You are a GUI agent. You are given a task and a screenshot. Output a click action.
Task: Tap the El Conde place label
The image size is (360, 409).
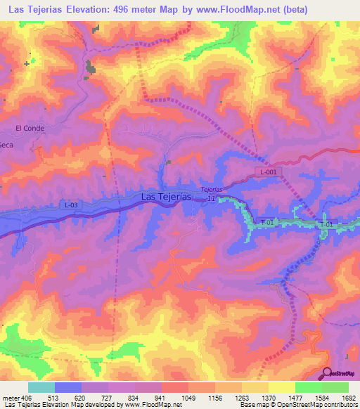click(x=30, y=128)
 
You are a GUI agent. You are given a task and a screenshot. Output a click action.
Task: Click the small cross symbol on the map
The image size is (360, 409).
click(x=27, y=63)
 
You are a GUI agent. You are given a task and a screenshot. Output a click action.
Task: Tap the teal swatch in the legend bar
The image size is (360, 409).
click(x=41, y=387)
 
